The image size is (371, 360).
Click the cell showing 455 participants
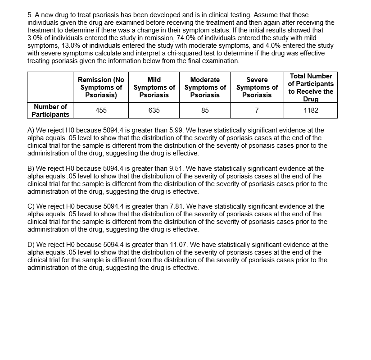[x=101, y=110]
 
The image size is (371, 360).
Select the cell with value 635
[x=154, y=110]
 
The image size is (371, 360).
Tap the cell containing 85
[x=205, y=110]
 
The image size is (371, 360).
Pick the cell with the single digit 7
[x=257, y=110]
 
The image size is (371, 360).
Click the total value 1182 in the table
[x=311, y=110]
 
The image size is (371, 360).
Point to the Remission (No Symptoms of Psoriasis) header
[x=101, y=87]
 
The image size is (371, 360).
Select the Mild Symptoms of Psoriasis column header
[x=154, y=87]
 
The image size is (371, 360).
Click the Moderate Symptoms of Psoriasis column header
[x=205, y=87]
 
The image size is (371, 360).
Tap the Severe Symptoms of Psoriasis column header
[x=257, y=87]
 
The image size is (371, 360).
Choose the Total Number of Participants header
[x=311, y=87]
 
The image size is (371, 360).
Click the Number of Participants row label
[x=50, y=110]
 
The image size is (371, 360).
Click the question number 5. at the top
[x=30, y=15]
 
